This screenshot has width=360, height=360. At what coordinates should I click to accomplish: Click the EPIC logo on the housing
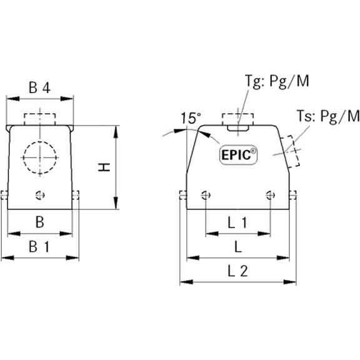pos(237,154)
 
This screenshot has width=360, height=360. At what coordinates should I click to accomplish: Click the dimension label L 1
pos(237,222)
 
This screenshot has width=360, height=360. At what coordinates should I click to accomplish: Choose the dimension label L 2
pos(237,271)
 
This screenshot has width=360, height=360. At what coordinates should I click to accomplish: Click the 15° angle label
pos(191,118)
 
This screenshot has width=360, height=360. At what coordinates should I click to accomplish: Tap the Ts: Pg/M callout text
pos(328,116)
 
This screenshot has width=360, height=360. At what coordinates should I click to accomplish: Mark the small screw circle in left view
pos(41,194)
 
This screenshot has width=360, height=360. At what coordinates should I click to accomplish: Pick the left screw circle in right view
pos(205,194)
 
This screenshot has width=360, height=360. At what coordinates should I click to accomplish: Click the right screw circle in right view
pos(270,194)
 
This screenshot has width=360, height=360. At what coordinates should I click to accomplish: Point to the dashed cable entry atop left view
pos(40,119)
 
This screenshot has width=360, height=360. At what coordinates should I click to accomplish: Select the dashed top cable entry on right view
pos(237,118)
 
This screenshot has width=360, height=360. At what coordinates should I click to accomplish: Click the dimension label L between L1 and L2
pos(237,246)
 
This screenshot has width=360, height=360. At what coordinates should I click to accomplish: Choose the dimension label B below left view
pos(39,222)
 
